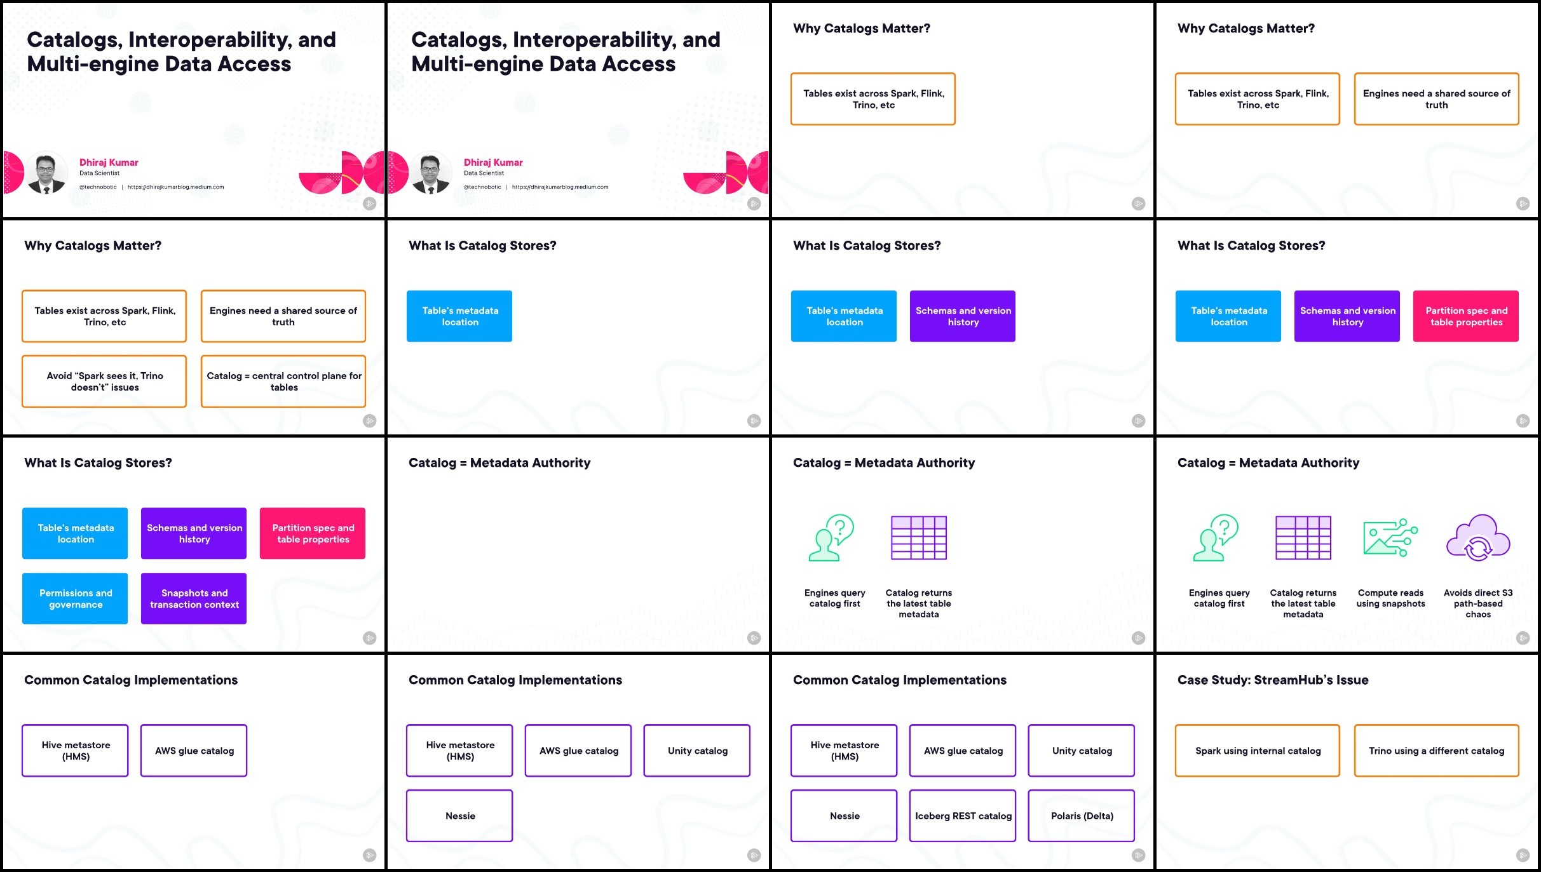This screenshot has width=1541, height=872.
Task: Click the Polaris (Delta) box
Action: pyautogui.click(x=1081, y=815)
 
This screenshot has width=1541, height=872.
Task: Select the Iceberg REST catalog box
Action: pyautogui.click(x=963, y=815)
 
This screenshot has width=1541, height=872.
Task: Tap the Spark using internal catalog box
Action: pyautogui.click(x=1258, y=751)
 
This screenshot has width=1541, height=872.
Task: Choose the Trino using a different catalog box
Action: pyautogui.click(x=1436, y=751)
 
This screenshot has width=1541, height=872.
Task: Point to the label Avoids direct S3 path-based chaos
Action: pyautogui.click(x=1478, y=603)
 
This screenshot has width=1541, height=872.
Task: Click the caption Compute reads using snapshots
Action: pyautogui.click(x=1390, y=598)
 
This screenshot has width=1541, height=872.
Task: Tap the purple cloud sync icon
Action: pyautogui.click(x=1478, y=538)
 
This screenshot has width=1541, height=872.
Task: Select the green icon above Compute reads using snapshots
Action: pyautogui.click(x=1390, y=538)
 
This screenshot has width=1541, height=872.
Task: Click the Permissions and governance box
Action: pyautogui.click(x=75, y=598)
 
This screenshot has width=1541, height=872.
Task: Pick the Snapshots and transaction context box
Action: pyautogui.click(x=194, y=598)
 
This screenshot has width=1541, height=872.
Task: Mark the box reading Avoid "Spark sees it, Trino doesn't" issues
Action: pyautogui.click(x=104, y=381)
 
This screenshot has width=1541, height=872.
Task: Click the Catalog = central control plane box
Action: pyautogui.click(x=283, y=381)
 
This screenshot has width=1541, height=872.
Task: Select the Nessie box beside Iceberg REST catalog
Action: pyautogui.click(x=844, y=815)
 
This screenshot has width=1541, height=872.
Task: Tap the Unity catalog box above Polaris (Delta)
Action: pyautogui.click(x=1081, y=751)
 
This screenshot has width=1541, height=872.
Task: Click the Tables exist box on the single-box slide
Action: pyautogui.click(x=873, y=99)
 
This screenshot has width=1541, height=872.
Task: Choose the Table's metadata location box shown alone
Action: pyautogui.click(x=459, y=316)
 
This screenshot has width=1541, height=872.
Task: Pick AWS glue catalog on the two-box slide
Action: pyautogui.click(x=194, y=751)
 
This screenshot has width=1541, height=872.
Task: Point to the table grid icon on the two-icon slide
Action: pyautogui.click(x=919, y=538)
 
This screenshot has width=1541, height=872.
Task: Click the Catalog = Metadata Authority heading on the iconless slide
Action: pyautogui.click(x=499, y=463)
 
